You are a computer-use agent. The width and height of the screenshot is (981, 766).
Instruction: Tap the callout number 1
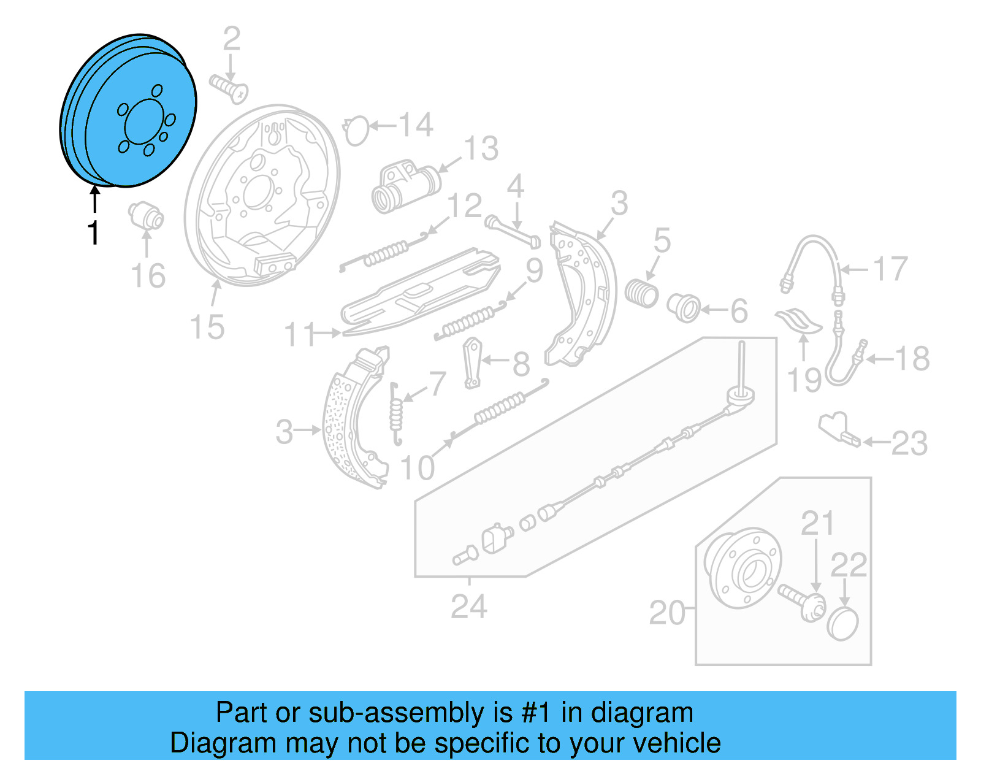pyautogui.click(x=93, y=233)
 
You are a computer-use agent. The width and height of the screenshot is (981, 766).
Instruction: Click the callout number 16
pyautogui.click(x=148, y=275)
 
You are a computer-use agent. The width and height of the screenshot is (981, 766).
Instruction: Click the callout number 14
pyautogui.click(x=416, y=125)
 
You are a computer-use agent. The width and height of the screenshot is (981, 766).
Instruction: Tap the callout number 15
pyautogui.click(x=207, y=327)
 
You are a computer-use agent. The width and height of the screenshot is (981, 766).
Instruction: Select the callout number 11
pyautogui.click(x=300, y=335)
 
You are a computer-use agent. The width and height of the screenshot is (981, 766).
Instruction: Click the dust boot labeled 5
pyautogui.click(x=641, y=293)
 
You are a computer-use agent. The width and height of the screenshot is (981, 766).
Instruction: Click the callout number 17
pyautogui.click(x=890, y=269)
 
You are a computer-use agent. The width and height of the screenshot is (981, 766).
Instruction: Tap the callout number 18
pyautogui.click(x=912, y=359)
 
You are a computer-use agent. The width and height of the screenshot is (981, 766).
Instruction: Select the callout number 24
pyautogui.click(x=469, y=607)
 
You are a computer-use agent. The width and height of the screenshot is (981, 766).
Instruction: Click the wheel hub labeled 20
pyautogui.click(x=744, y=567)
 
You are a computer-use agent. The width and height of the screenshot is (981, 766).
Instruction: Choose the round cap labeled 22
pyautogui.click(x=844, y=624)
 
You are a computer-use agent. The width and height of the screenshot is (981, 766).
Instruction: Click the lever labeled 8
pyautogui.click(x=473, y=363)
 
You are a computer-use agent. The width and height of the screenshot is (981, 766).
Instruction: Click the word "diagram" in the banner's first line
pyautogui.click(x=642, y=713)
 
